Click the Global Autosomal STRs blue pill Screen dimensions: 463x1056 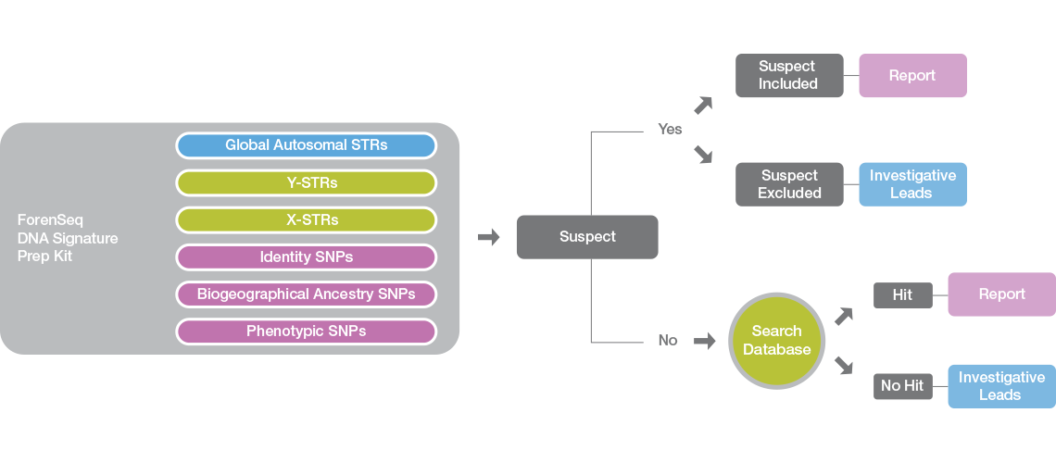pos(306,145)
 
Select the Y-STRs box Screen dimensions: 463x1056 pos(306,183)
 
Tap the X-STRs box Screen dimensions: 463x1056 pos(306,220)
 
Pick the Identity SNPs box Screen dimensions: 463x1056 pos(306,257)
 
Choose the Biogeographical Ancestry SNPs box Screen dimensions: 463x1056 pos(306,294)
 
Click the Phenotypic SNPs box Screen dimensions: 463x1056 pos(306,332)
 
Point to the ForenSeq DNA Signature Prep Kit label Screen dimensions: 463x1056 pos(67,238)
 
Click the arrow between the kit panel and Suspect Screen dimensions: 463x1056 pos(488,238)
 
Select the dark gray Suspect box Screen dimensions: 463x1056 pos(587,237)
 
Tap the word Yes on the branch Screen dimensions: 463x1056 pos(670,130)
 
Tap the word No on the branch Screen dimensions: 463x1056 pos(668,341)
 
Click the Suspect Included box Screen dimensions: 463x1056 pos(789,76)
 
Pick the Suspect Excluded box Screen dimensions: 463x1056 pos(789,184)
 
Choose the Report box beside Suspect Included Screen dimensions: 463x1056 pos(912,76)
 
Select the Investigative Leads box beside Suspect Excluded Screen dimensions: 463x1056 pos(912,184)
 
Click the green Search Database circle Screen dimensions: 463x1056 pos(776,341)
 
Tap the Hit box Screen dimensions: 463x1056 pos(902,295)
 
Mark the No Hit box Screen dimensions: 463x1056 pos(902,386)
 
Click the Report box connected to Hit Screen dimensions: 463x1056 pos(1001,294)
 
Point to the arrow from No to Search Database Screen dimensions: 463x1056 pos(705,342)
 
